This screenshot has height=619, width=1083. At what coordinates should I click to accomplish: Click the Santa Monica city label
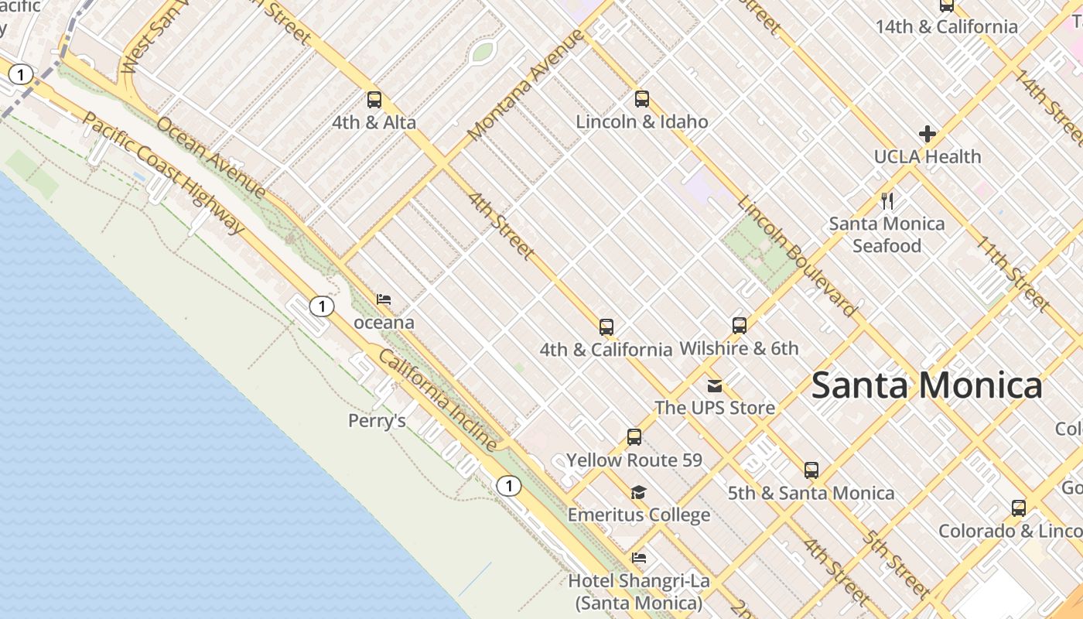927,385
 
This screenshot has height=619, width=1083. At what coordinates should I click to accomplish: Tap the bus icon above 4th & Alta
374,100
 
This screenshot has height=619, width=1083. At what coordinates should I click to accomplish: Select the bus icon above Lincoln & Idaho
642,99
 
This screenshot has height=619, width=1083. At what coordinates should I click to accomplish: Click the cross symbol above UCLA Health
928,134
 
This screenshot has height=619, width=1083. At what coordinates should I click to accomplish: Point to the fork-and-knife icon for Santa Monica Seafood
887,201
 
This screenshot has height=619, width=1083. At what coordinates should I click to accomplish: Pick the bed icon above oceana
384,299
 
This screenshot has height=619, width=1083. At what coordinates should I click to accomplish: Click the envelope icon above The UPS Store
715,385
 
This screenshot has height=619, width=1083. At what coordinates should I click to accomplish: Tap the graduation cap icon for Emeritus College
638,493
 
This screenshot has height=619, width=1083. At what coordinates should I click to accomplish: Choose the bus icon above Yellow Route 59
634,437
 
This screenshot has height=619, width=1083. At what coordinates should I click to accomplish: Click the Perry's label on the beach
377,421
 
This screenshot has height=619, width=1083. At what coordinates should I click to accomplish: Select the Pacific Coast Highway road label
162,172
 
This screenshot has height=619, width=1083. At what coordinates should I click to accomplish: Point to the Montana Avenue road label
525,86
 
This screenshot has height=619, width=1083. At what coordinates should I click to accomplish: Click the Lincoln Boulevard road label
798,256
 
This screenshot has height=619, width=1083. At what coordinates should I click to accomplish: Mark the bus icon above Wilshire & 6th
740,326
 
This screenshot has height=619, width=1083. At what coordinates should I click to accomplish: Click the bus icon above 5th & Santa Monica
811,470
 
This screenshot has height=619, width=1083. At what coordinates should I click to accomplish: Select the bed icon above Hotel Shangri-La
639,558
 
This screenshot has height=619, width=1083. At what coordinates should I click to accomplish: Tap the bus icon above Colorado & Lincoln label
1019,508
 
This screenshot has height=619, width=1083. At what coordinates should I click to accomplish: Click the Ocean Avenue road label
211,158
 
